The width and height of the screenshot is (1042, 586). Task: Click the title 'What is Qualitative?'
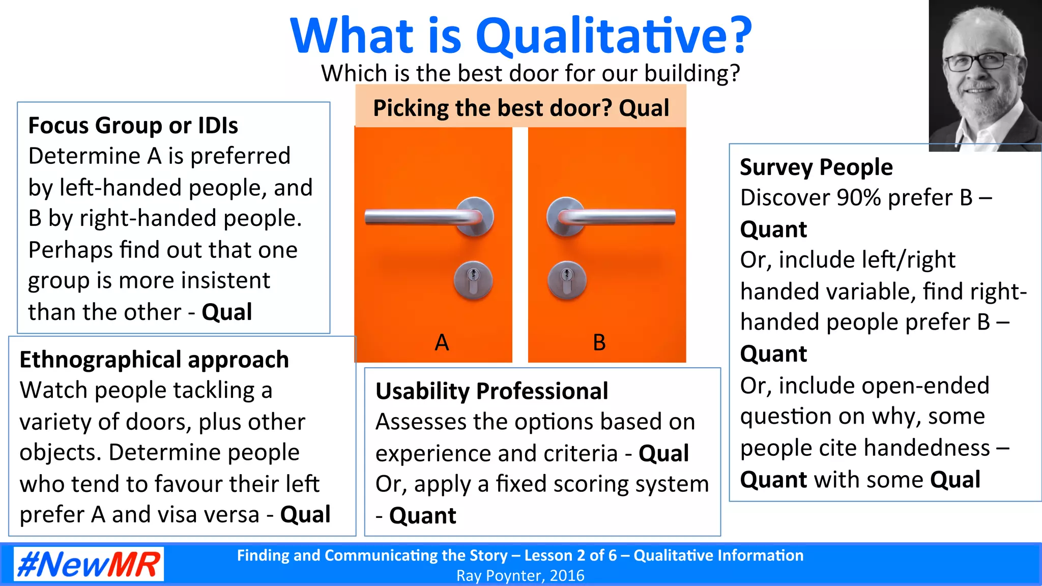coord(520,36)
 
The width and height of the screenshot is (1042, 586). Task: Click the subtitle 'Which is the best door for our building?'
coord(530,73)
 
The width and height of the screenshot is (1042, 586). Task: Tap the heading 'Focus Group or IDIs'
coord(133,125)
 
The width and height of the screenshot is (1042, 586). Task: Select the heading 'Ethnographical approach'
coord(154,360)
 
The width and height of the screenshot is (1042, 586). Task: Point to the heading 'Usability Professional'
coord(491,391)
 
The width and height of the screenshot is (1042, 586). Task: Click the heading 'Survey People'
coord(816,167)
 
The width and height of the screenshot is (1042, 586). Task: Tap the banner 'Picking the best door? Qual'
coord(520,108)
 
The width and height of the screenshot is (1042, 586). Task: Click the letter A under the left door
coord(442,342)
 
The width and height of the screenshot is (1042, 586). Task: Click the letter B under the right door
coord(599,342)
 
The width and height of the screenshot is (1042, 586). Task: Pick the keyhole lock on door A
coord(473,280)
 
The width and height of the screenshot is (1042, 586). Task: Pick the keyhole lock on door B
coord(567,280)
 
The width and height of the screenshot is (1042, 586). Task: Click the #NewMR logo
coord(89,564)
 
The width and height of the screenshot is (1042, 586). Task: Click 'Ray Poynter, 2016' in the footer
coord(520,576)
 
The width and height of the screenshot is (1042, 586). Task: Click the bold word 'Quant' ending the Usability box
coord(422,516)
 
